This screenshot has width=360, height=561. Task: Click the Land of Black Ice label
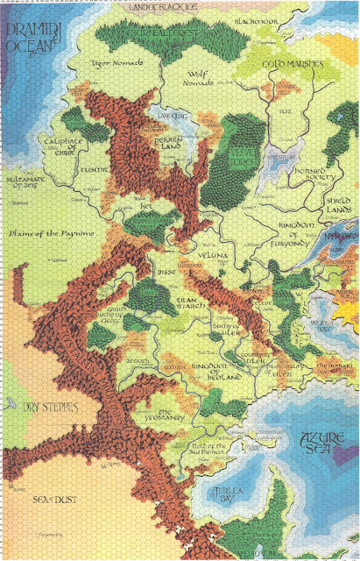(175, 8)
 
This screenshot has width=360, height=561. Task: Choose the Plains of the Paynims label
(50, 236)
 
